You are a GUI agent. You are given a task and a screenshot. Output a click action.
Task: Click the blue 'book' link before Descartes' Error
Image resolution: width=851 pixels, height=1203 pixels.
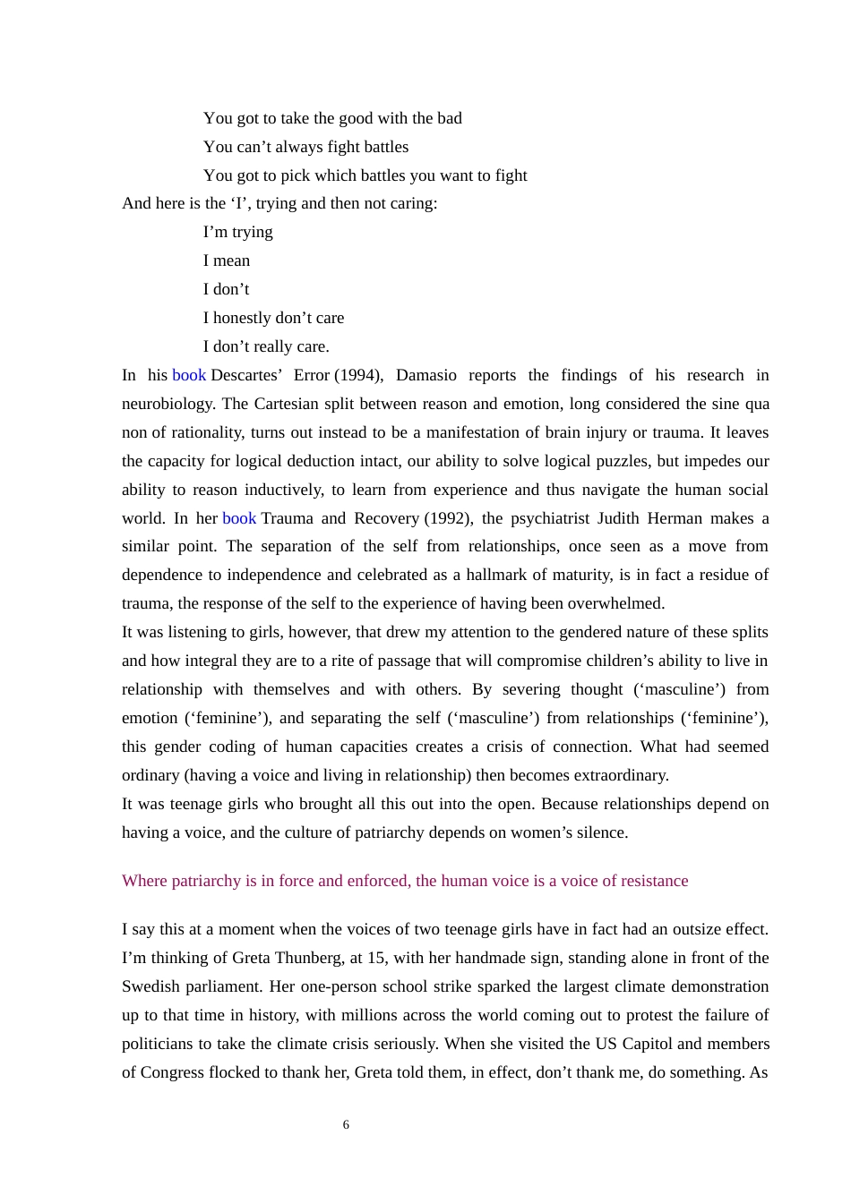click(189, 375)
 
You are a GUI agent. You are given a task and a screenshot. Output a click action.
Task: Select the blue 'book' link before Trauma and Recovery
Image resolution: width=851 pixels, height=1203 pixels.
click(239, 518)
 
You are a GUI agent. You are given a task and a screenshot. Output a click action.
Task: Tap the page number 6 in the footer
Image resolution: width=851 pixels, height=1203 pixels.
click(346, 1125)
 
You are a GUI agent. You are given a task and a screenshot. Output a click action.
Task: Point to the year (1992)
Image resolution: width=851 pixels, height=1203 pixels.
click(448, 518)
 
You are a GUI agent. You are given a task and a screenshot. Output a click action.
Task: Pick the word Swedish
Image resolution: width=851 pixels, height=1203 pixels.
click(153, 986)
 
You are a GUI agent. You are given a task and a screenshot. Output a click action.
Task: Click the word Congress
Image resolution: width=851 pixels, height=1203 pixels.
click(173, 1072)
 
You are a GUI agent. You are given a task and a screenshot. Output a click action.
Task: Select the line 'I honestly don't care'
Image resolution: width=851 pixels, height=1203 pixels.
click(273, 318)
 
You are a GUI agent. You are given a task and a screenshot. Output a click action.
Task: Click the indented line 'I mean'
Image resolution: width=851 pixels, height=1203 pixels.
click(227, 260)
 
